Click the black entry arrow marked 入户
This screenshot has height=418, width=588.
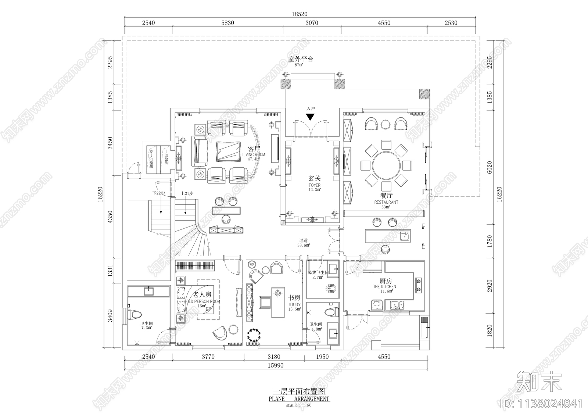tap(311, 117)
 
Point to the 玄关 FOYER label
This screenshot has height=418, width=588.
tap(314, 183)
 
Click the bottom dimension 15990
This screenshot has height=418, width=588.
tap(275, 366)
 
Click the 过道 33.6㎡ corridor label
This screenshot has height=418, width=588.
tap(304, 243)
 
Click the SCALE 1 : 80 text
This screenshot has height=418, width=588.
tap(298, 406)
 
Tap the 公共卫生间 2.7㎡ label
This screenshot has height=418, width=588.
tap(318, 275)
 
